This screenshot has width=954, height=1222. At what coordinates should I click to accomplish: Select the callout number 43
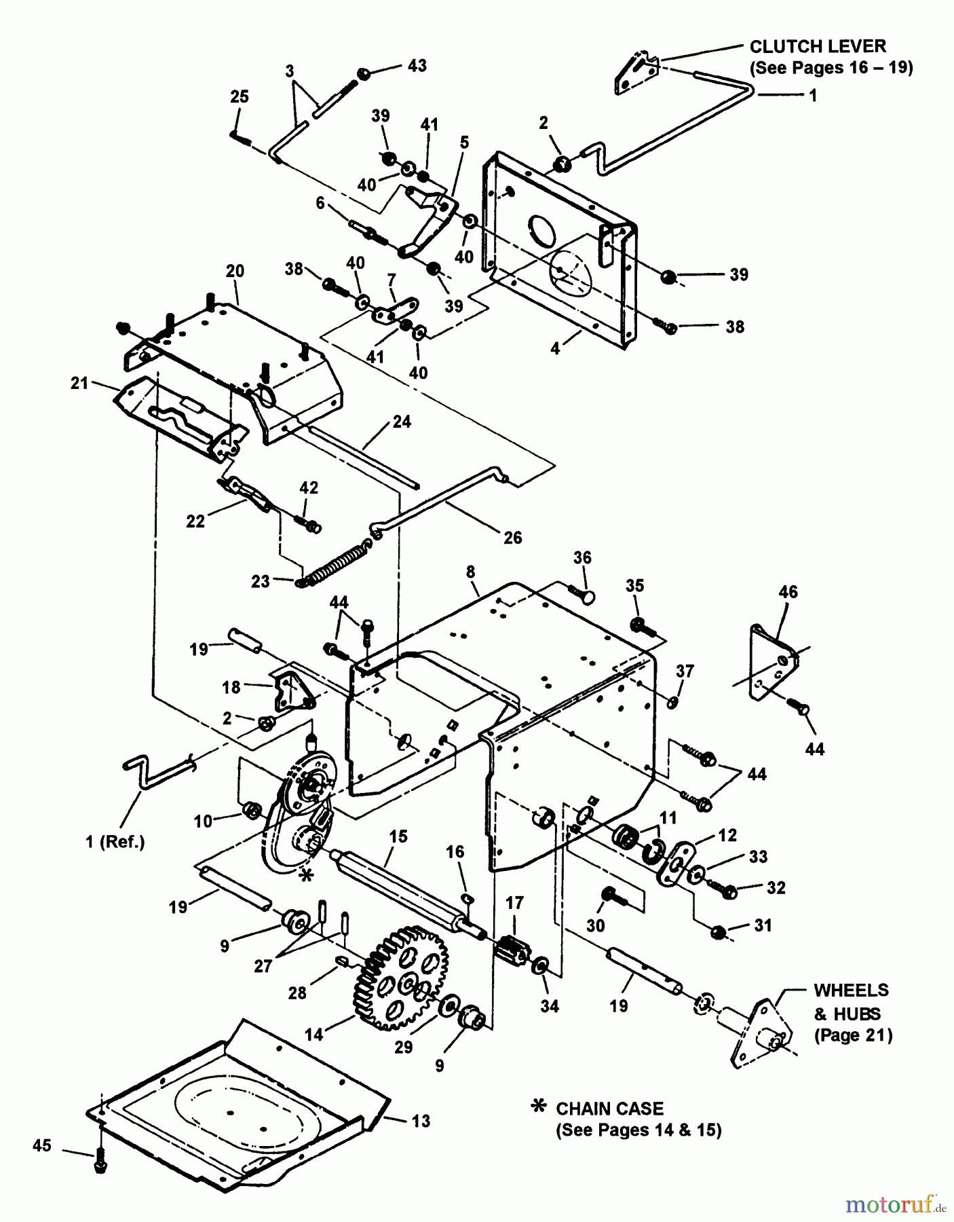point(417,66)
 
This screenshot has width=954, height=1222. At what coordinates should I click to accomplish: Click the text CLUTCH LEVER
point(817,47)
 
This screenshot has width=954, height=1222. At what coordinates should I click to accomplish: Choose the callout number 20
point(235,271)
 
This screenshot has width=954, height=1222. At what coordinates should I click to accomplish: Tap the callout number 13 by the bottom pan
point(421,1121)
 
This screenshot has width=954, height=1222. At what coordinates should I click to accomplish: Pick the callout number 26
point(513,538)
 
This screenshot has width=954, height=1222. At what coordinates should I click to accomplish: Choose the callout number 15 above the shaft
point(398,836)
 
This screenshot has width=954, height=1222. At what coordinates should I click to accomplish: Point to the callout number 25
point(240,96)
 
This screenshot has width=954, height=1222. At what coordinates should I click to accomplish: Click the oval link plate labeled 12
point(678,863)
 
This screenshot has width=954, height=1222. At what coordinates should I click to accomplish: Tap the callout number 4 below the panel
point(555,348)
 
